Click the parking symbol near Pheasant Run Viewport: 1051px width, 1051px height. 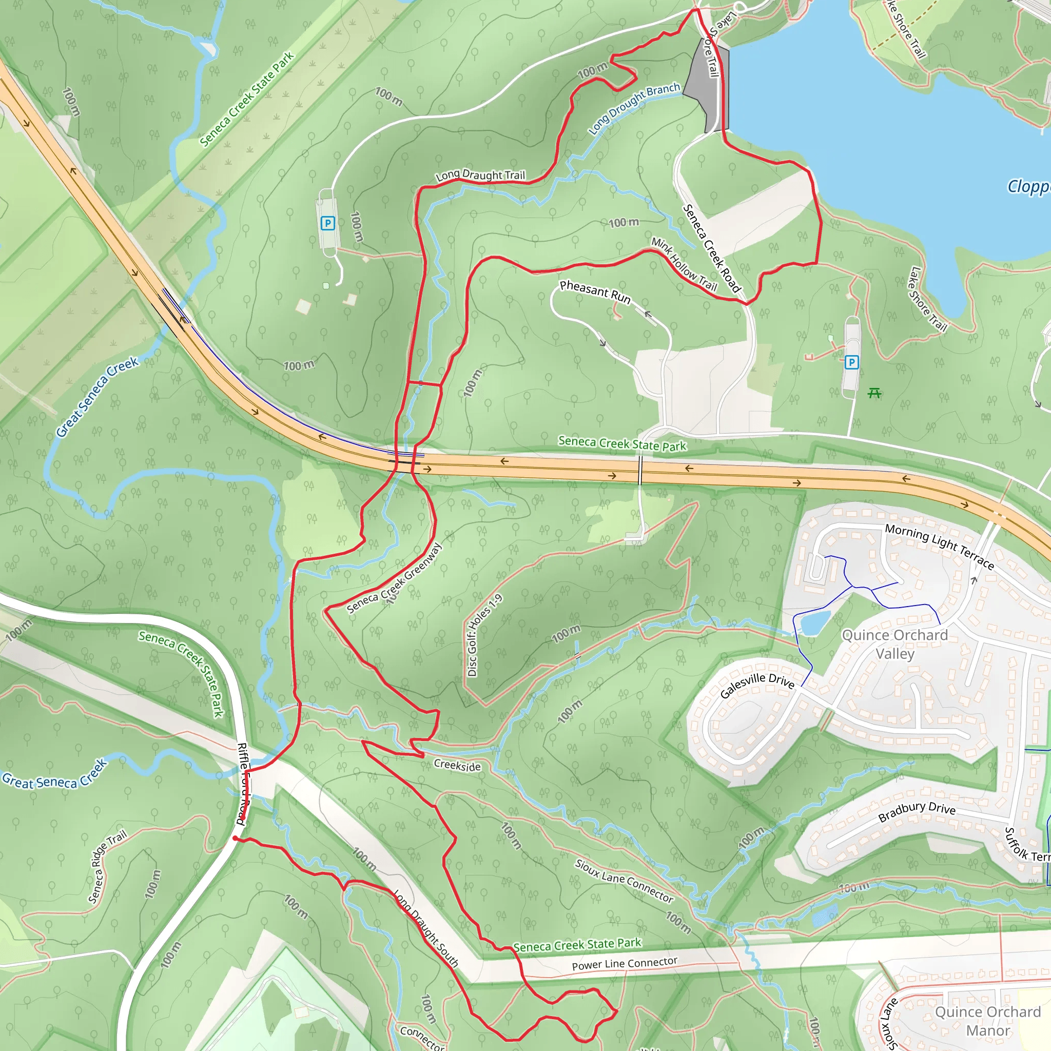coord(852,362)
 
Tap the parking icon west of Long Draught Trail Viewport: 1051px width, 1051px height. coord(327,223)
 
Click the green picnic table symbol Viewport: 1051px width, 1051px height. coord(874,393)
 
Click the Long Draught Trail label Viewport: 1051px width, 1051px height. coord(480,175)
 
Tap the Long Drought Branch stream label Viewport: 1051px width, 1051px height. coord(634,108)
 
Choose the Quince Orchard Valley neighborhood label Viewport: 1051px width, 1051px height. coord(895,644)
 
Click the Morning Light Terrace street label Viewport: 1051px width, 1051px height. coord(940,546)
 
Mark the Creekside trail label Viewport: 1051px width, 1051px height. coord(457,765)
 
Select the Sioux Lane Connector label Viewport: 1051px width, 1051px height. coord(624,881)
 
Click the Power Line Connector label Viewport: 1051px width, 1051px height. coord(624,963)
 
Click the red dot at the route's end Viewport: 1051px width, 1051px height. coord(235,839)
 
